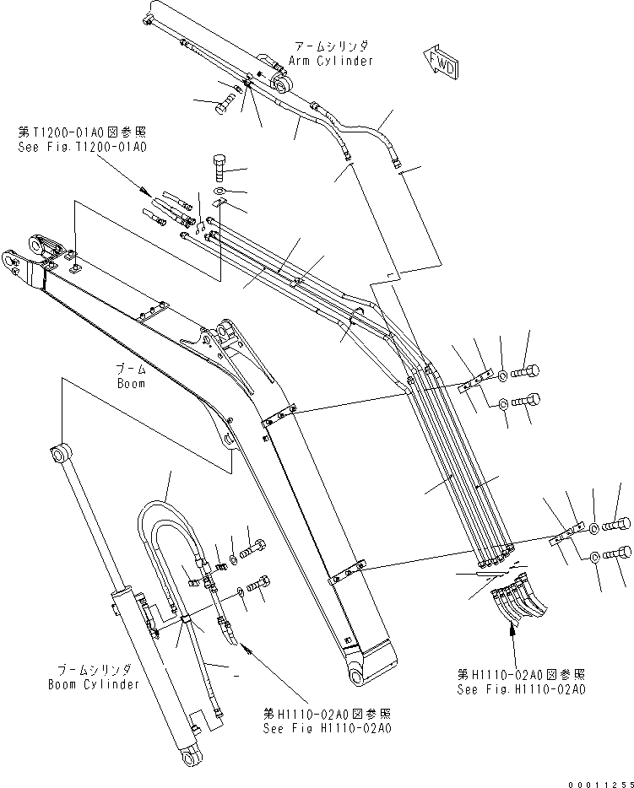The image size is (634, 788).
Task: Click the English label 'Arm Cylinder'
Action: pos(330,61)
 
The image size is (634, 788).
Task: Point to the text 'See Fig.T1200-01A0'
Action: pos(82,147)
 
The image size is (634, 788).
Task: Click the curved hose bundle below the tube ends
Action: pos(516,594)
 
